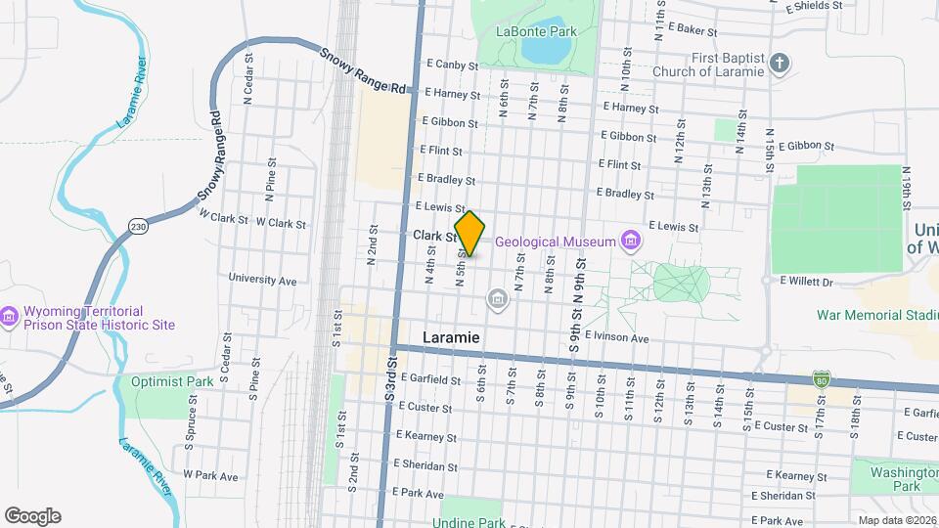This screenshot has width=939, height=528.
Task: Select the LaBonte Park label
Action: (536, 30)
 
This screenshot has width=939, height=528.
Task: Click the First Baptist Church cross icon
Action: (780, 65)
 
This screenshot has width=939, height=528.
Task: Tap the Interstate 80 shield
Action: (822, 378)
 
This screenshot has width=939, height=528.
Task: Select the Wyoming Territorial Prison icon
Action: (10, 316)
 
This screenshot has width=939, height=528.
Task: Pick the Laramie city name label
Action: (451, 336)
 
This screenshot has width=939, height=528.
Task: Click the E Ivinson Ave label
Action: (618, 337)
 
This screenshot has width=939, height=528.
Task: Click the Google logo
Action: (32, 516)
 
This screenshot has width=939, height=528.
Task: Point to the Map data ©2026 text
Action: (896, 520)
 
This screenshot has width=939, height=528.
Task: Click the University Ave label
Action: (262, 280)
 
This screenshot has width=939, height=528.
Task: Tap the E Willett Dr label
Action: (805, 282)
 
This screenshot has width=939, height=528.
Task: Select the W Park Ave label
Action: (216, 476)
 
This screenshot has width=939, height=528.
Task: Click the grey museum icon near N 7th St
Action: (497, 297)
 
